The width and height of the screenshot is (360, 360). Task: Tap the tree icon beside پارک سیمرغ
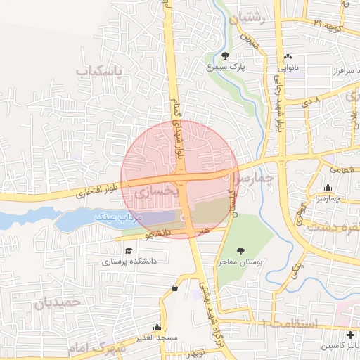(225, 56)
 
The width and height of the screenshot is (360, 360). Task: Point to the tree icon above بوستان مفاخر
(242, 250)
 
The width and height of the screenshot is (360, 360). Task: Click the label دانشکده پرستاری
(127, 262)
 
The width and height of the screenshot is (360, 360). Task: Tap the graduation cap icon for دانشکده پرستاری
(128, 250)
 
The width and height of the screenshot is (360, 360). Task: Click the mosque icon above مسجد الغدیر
(157, 328)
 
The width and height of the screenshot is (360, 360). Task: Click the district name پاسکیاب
(99, 72)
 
